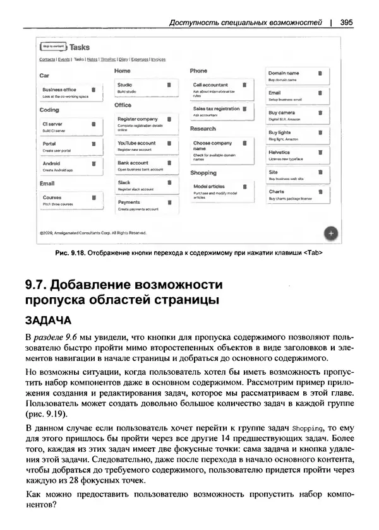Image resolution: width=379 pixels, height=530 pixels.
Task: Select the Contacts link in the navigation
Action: coord(47,59)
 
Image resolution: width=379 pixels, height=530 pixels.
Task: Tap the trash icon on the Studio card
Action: coord(169,84)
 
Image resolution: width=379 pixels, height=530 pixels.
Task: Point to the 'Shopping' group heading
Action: coord(203,172)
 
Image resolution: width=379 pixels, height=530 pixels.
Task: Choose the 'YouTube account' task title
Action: coord(136,143)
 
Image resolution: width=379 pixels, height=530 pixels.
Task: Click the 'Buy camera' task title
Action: coord(282,112)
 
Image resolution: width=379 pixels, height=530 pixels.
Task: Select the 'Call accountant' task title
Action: coord(210,84)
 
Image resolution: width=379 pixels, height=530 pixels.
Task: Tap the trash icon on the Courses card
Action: coord(93,197)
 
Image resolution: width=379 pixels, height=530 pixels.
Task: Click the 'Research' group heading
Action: coord(203,128)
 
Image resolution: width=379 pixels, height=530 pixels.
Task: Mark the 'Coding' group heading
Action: coord(49,110)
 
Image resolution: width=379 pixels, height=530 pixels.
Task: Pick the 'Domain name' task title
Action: coord(284,73)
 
